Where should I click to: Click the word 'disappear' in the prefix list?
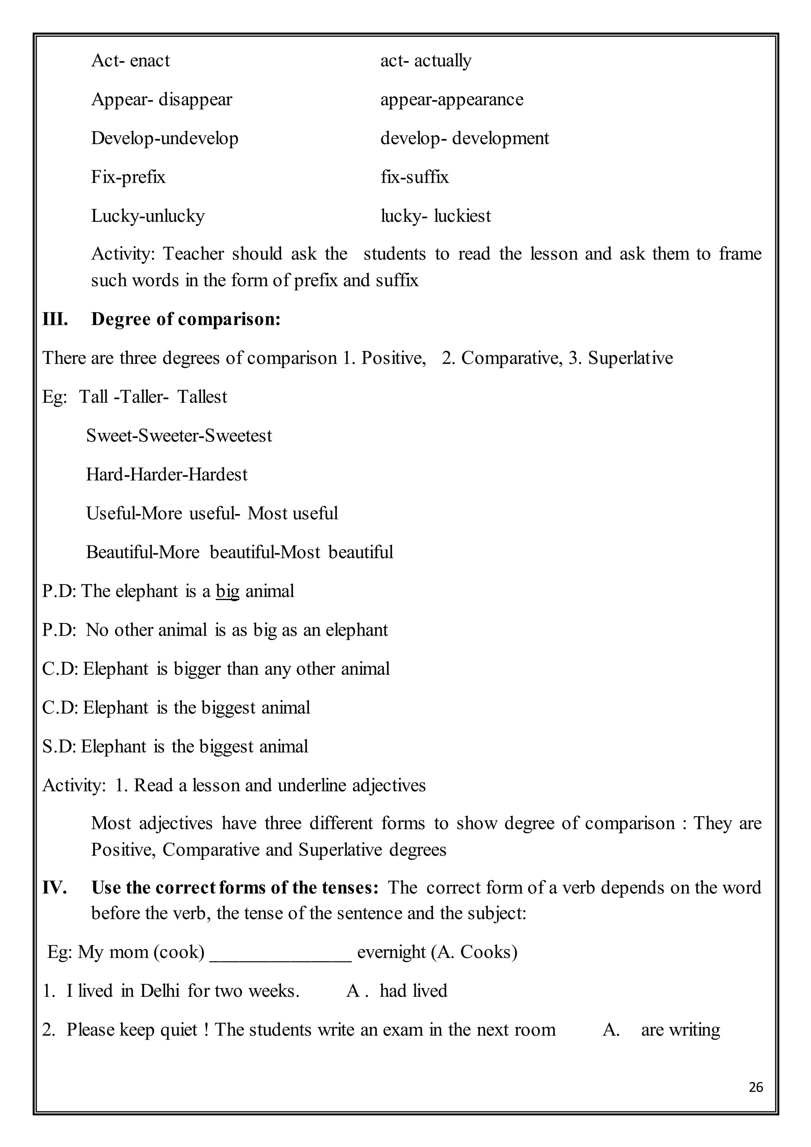[x=195, y=99]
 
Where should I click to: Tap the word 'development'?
[x=501, y=138]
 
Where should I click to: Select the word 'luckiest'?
[x=463, y=216]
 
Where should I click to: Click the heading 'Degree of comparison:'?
[x=186, y=319]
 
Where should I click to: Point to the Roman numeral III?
[x=55, y=319]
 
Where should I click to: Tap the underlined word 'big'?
[x=227, y=591]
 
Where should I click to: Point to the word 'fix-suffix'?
[x=415, y=177]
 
